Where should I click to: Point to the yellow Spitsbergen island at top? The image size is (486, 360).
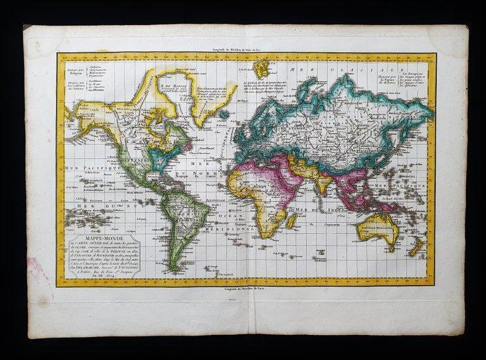click(262, 68)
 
